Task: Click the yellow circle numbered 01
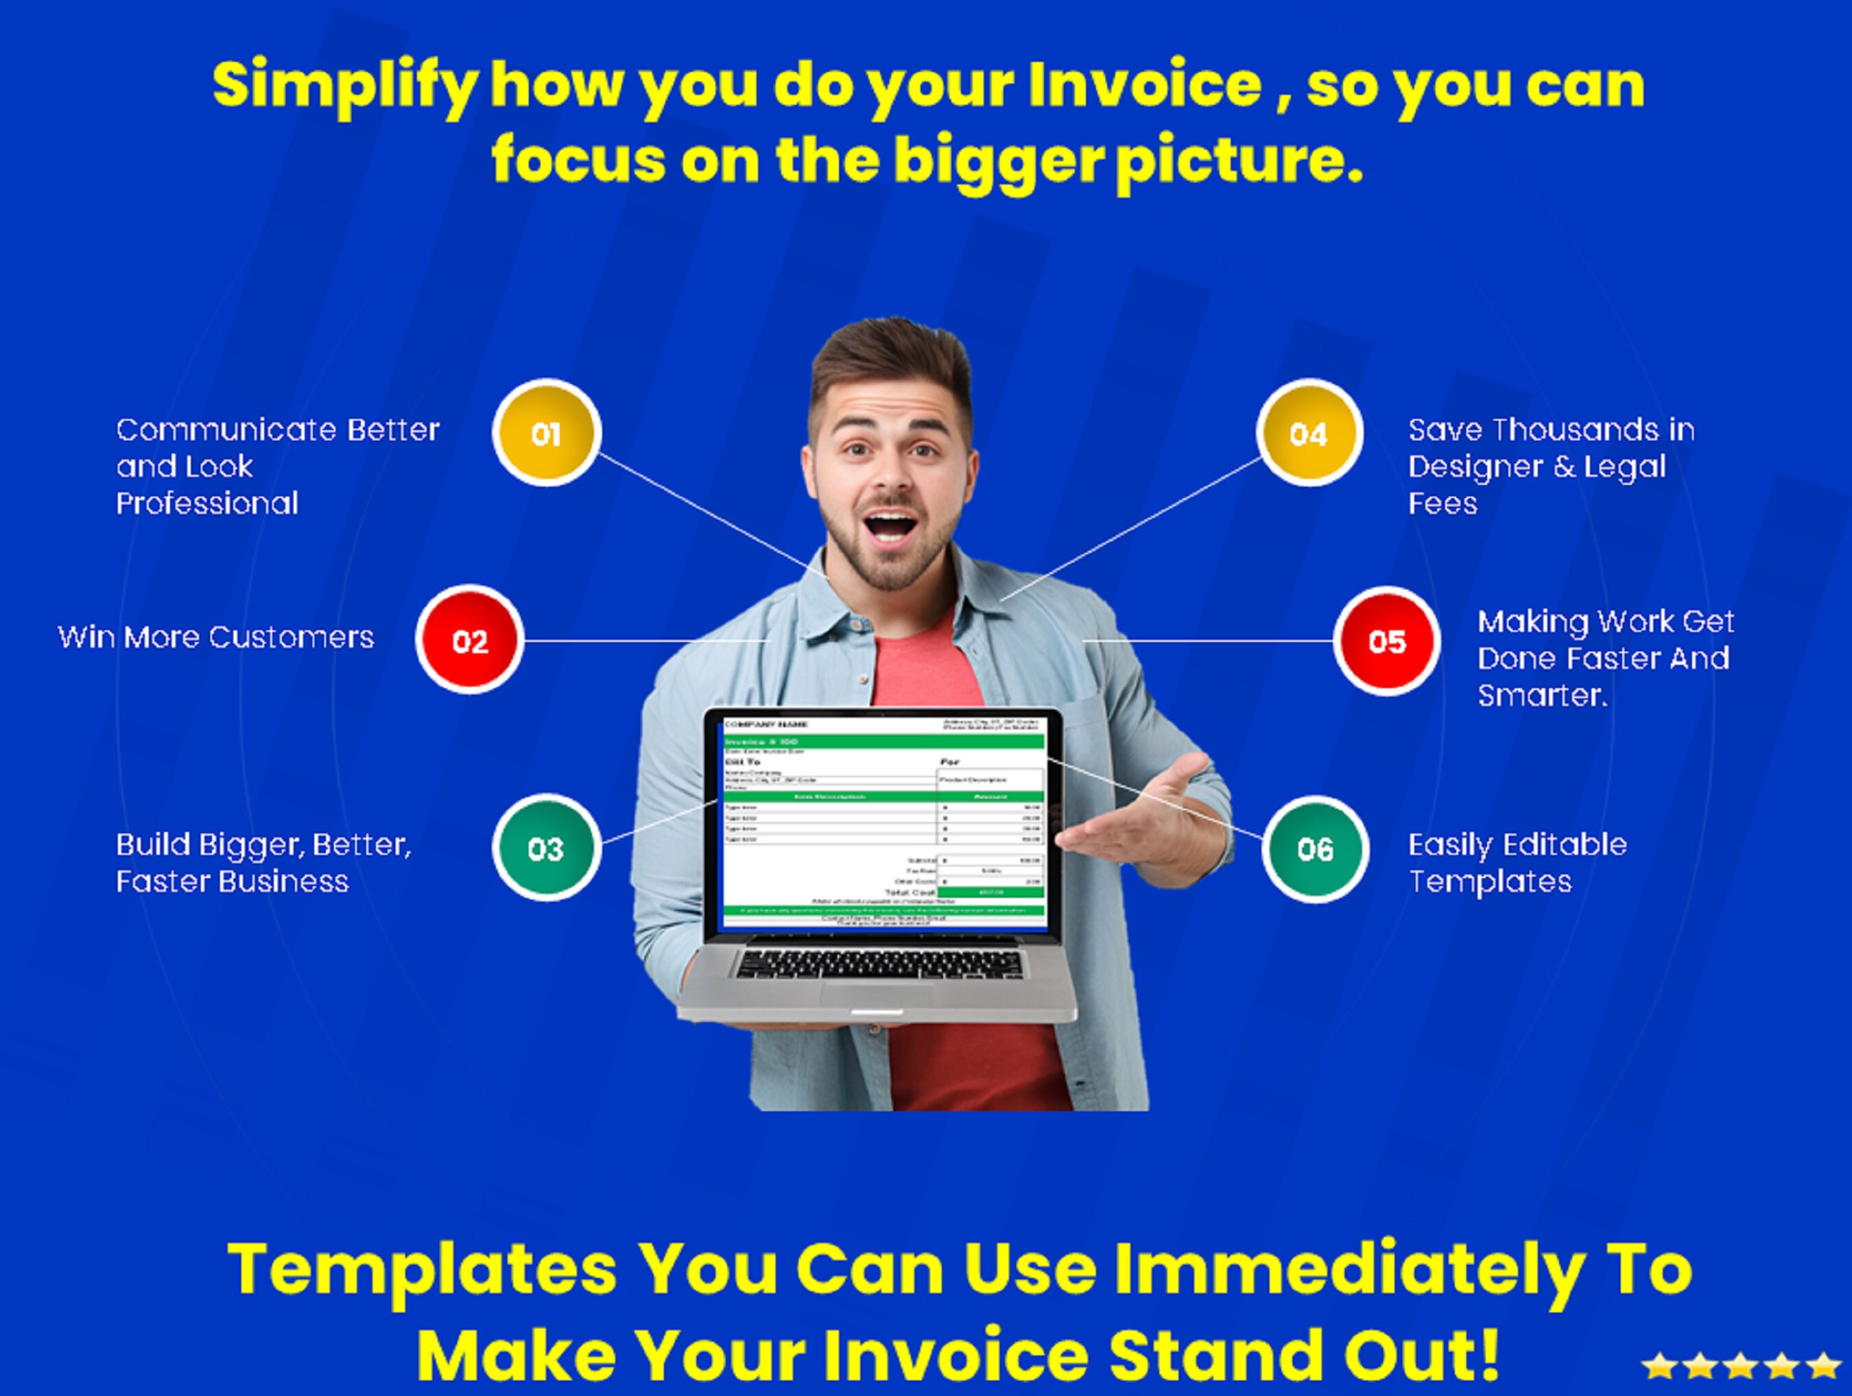click(x=546, y=433)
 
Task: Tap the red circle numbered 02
click(x=470, y=641)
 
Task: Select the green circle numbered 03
click(x=546, y=849)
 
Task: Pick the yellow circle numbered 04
click(x=1309, y=433)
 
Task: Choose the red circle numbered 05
click(x=1386, y=641)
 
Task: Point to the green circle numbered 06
click(x=1316, y=849)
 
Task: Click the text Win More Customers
click(x=215, y=637)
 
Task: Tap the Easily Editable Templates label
click(x=1517, y=862)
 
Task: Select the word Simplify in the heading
click(x=345, y=86)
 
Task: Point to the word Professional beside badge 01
click(x=206, y=504)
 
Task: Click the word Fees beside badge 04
click(x=1442, y=504)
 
